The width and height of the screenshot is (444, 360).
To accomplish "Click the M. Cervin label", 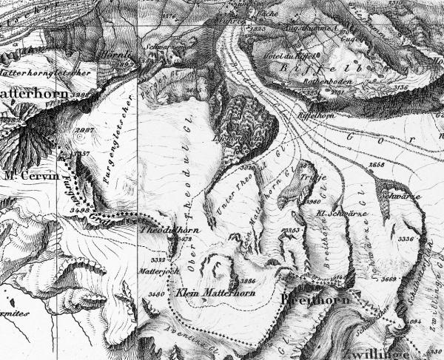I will point(25,177).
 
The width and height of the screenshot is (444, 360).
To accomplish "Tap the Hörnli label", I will point(121,55).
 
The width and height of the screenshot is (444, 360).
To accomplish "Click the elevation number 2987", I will point(84,130).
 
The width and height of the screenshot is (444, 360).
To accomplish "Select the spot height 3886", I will point(249,281).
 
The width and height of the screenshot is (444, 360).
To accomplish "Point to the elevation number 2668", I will point(377,164).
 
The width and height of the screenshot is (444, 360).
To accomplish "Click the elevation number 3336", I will point(406,240).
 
